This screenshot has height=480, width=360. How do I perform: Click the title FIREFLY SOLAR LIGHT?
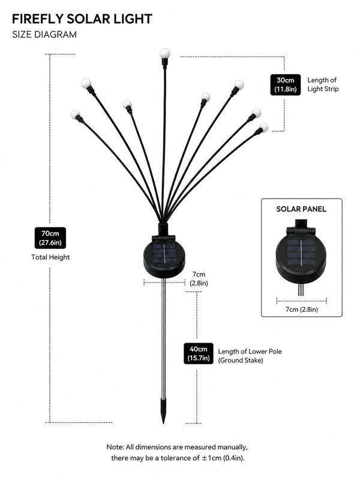click(x=82, y=19)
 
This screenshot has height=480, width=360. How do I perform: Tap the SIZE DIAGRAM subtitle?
click(x=44, y=35)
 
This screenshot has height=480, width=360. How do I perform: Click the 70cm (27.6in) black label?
click(x=50, y=238)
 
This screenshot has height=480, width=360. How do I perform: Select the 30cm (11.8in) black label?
click(x=286, y=85)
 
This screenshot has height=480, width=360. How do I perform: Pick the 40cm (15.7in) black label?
click(x=199, y=353)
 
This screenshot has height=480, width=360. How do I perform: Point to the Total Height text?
click(x=50, y=257)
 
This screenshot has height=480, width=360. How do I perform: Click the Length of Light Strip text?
click(x=323, y=85)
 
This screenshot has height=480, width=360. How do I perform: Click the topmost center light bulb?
click(x=164, y=53)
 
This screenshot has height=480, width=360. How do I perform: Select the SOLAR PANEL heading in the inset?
click(x=301, y=209)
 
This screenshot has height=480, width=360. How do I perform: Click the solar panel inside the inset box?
click(x=301, y=253)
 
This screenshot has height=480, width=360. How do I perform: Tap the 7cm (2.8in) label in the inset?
click(x=302, y=310)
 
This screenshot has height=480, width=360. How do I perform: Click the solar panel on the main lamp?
click(x=164, y=254)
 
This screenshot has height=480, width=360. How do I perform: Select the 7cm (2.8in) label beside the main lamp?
click(x=199, y=279)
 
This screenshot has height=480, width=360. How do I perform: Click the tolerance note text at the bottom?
click(x=177, y=453)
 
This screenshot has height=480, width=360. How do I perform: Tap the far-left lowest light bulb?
click(x=75, y=115)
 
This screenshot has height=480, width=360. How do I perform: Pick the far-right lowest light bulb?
click(x=263, y=128)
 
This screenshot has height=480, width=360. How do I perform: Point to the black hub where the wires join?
click(x=163, y=230)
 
